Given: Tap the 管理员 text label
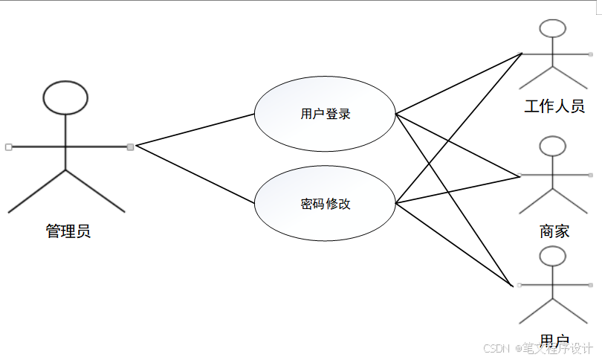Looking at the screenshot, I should (68, 231).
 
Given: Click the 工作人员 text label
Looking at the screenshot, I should (554, 106).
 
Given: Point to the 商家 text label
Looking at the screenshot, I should (554, 231).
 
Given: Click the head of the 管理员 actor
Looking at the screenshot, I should (65, 97).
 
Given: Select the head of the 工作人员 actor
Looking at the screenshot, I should (553, 29).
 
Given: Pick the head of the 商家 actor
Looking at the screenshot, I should (553, 146).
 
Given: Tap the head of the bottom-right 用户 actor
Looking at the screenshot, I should (553, 257).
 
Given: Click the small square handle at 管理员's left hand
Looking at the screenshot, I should (8, 147).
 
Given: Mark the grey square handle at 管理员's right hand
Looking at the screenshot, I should (130, 147).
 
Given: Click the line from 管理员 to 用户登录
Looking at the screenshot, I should (195, 130).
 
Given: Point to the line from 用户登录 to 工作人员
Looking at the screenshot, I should (459, 84).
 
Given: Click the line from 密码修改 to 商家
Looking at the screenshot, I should (457, 190).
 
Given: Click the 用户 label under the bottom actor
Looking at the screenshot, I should (554, 341).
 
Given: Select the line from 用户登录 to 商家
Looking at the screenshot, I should (457, 145).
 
